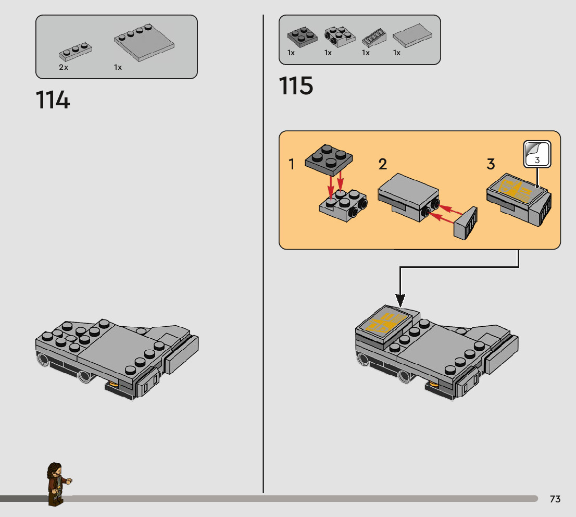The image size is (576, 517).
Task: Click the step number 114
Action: pos(53,100)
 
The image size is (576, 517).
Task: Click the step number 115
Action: pos(296,86)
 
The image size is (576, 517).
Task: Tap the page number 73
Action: pos(555,499)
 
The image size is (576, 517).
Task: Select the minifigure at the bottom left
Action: pos(57,483)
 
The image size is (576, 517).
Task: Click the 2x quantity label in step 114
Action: pos(64,67)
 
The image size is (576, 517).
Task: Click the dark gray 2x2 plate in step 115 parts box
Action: pos(302,36)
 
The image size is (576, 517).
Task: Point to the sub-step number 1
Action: pos(292,165)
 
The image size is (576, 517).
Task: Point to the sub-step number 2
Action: pos(383,165)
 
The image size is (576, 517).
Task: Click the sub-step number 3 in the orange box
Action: pos(491,165)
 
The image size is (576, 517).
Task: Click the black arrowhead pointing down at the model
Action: pos(400,300)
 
